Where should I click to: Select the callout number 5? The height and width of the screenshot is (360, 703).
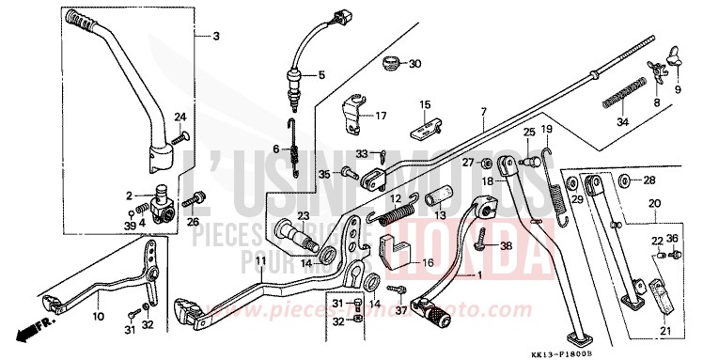[320, 74]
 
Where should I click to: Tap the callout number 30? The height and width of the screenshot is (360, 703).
[415, 64]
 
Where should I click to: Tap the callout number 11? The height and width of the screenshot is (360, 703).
[259, 259]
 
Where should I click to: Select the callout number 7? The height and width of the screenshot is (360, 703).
[482, 113]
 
